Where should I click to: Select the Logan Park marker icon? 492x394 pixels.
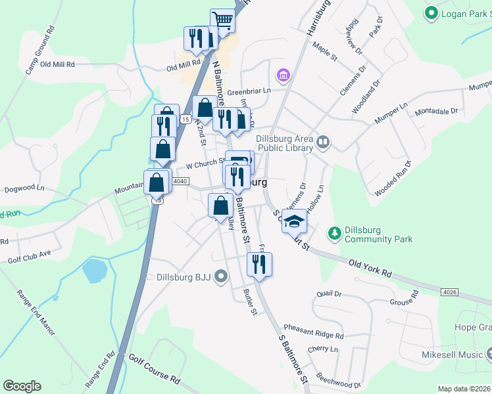pos(431,12)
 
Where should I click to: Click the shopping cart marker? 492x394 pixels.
pos(223,21)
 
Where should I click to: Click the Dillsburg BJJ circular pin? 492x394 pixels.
pos(220,277)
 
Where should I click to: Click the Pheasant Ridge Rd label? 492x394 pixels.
pos(314,331)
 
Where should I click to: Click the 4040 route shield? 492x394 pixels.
pos(181,181)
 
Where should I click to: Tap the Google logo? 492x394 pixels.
pos(22,386)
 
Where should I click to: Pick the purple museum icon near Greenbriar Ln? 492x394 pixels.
pos(283,76)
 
